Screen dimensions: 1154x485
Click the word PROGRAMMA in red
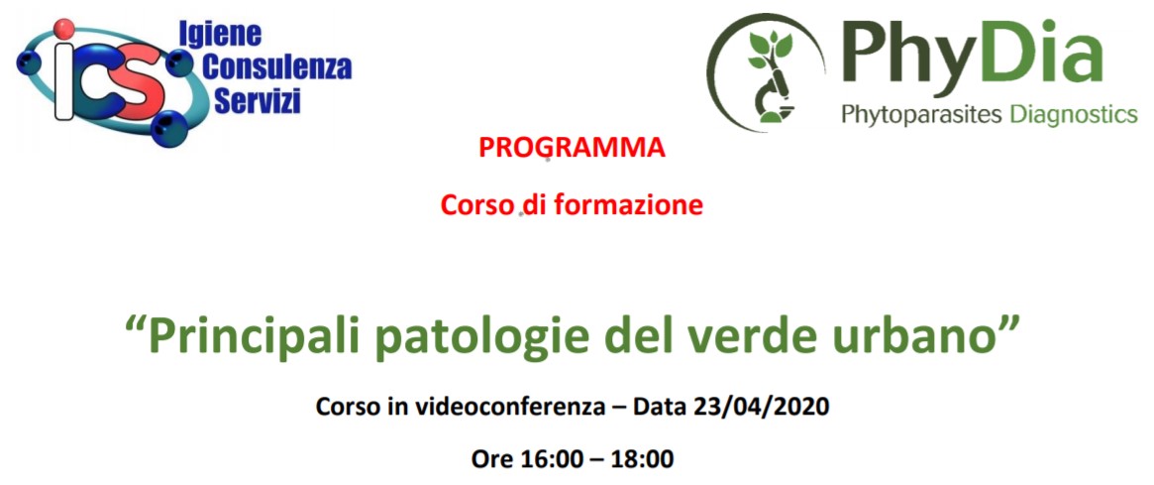(x=572, y=148)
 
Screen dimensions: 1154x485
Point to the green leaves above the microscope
(x=769, y=51)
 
